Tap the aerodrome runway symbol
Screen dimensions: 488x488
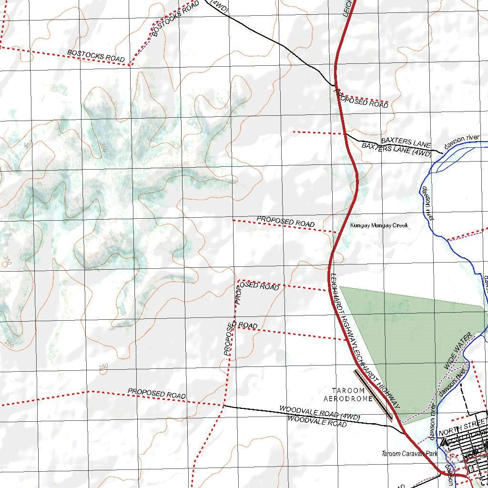(x=373, y=395)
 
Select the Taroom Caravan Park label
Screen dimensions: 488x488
(x=409, y=454)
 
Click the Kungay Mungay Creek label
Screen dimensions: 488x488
(x=379, y=225)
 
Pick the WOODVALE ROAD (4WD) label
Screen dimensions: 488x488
(x=320, y=413)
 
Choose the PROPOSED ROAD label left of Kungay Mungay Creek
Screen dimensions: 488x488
(x=285, y=222)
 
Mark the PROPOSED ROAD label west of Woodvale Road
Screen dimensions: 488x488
(x=156, y=393)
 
